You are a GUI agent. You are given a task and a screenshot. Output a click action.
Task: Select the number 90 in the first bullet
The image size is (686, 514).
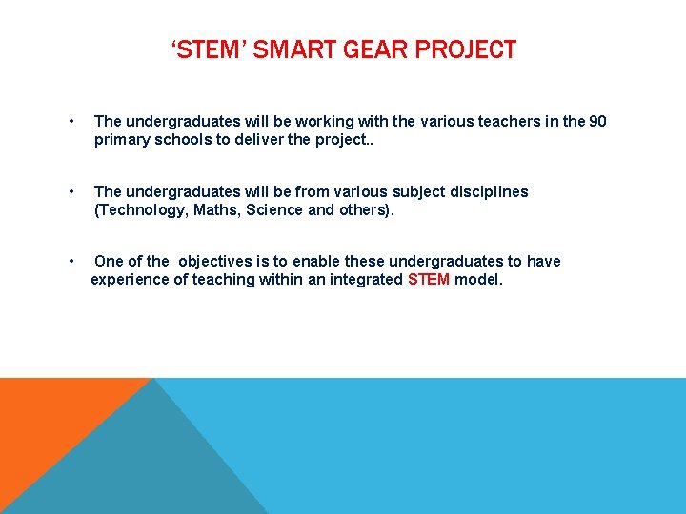click(x=597, y=121)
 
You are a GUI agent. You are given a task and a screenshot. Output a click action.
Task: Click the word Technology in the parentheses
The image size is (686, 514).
click(x=137, y=209)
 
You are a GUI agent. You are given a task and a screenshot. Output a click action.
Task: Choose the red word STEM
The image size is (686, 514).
click(x=429, y=279)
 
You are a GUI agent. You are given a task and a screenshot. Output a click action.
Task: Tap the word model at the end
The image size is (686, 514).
click(x=478, y=279)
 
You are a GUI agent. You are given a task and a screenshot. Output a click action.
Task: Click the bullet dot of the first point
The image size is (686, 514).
click(x=72, y=122)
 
